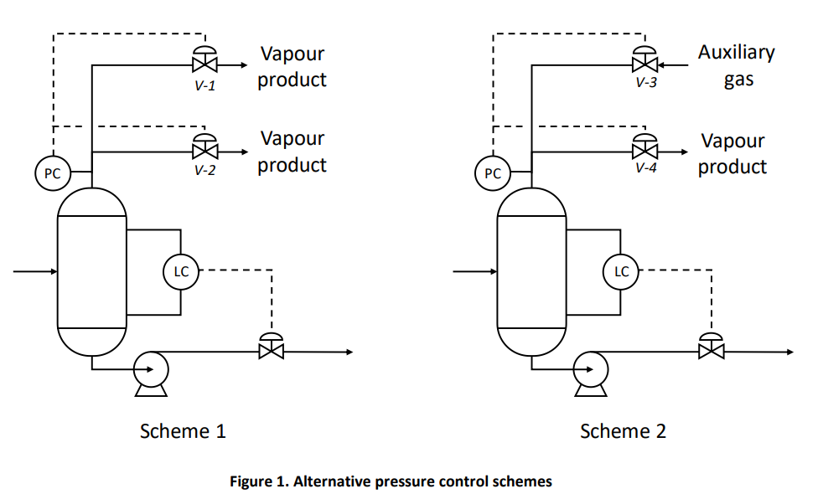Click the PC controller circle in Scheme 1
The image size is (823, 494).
point(52,173)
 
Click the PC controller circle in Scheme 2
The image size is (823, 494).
point(493,173)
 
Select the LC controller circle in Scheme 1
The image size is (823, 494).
point(181,271)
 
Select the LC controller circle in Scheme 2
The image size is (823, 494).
point(621,271)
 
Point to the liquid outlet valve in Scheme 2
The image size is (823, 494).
point(712,351)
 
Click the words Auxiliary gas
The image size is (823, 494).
point(737,66)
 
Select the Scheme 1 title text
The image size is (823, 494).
point(183,431)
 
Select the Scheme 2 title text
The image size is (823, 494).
point(623,431)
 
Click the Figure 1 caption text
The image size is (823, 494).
point(391,481)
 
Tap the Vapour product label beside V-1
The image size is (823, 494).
point(292,67)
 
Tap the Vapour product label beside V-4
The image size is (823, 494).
point(732,154)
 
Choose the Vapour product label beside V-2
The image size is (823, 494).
point(292,152)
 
